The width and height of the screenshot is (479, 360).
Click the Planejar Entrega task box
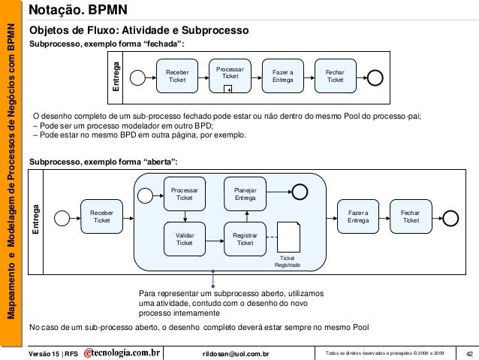(x=245, y=192)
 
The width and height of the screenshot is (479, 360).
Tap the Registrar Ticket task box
(x=245, y=238)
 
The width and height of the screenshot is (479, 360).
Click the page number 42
(x=469, y=353)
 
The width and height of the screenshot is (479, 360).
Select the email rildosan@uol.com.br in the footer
(x=240, y=353)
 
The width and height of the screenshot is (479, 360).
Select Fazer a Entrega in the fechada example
(x=282, y=76)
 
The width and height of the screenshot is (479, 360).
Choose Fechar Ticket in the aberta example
(x=411, y=216)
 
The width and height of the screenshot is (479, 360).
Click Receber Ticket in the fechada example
(x=177, y=76)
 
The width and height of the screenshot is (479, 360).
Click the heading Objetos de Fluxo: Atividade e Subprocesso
(x=143, y=31)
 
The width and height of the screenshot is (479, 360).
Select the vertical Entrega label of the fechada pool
(x=116, y=76)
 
